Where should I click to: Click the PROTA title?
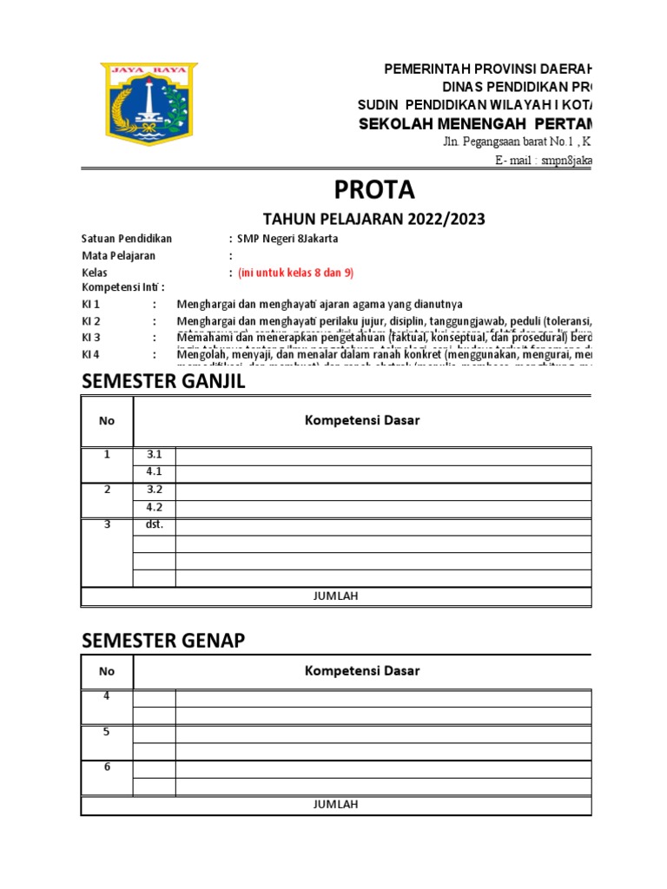[374, 189]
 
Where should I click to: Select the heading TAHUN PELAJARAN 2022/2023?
[374, 219]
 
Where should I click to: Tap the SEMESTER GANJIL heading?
[164, 381]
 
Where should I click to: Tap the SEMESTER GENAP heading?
[163, 641]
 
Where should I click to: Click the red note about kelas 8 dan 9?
[295, 273]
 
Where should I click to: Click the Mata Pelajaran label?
[118, 256]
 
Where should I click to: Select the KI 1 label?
[91, 305]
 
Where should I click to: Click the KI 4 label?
[91, 354]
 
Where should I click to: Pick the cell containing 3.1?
[154, 456]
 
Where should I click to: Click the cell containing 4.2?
[154, 508]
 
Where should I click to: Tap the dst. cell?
[154, 525]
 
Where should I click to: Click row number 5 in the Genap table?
[107, 732]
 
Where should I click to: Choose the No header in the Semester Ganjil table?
[107, 421]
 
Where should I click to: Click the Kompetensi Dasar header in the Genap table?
[361, 670]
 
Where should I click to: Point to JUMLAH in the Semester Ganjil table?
[335, 596]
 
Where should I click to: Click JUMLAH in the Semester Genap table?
[335, 804]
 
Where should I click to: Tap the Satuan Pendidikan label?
[127, 239]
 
